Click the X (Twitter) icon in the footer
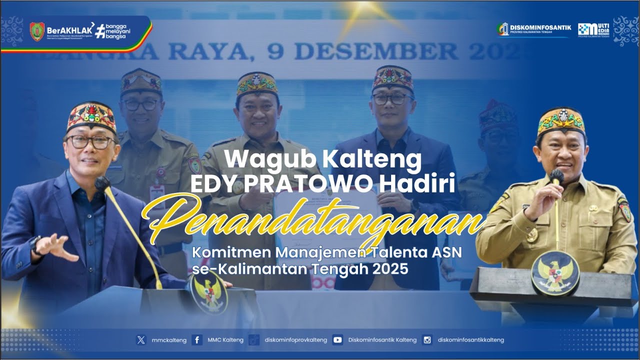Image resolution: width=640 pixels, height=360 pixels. tap(141, 340)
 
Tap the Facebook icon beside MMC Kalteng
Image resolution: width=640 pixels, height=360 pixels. tap(197, 340)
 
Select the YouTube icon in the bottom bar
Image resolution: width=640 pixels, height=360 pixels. tap(337, 340)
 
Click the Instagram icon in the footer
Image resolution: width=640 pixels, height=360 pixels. tap(427, 340)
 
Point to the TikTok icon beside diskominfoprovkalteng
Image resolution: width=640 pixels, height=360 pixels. tap(254, 340)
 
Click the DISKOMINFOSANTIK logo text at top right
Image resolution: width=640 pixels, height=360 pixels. tap(540, 27)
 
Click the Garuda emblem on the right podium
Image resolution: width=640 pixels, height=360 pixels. tap(555, 273)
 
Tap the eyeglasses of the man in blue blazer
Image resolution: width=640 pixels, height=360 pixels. tap(90, 142)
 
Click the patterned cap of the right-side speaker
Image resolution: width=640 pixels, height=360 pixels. tap(561, 121)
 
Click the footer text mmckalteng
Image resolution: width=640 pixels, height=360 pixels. tap(169, 340)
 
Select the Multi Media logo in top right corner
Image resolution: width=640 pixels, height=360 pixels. tap(593, 29)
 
